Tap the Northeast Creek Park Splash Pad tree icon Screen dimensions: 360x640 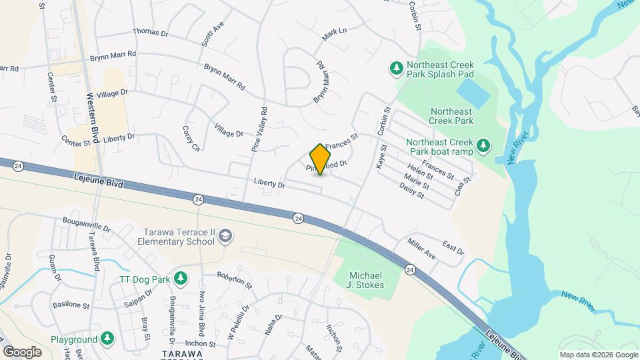pyautogui.click(x=396, y=68)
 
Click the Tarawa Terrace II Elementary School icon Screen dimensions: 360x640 pyautogui.click(x=226, y=236)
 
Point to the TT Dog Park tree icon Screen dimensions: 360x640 pyautogui.click(x=179, y=277)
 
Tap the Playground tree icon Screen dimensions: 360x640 pyautogui.click(x=107, y=339)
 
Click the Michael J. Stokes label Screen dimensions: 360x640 pyautogui.click(x=367, y=281)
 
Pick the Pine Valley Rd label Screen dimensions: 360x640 pyautogui.click(x=259, y=130)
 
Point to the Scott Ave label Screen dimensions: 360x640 pyautogui.click(x=215, y=35)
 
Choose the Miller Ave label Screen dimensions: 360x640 pyautogui.click(x=421, y=251)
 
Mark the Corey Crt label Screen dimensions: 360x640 pyautogui.click(x=191, y=138)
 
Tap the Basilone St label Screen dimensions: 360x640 pyautogui.click(x=71, y=305)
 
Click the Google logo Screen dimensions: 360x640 pyautogui.click(x=22, y=351)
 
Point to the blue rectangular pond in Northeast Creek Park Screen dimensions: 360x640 pyautogui.click(x=473, y=89)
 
